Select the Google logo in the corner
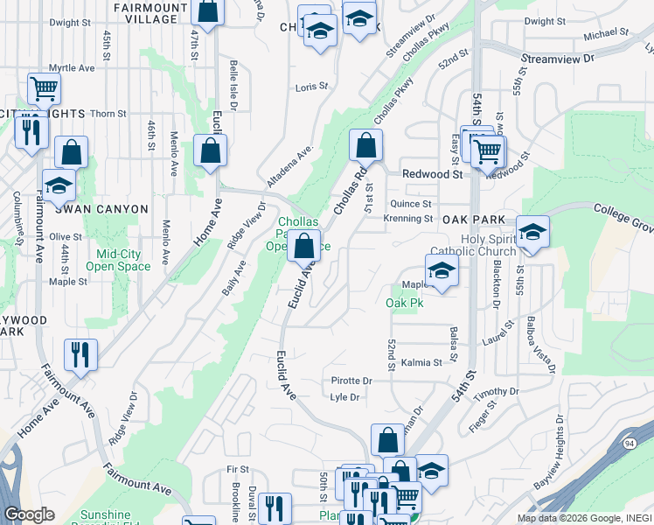29,514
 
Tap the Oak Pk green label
404,303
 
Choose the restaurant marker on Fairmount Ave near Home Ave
80,354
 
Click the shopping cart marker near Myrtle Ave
43,87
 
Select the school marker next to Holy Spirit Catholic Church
532,232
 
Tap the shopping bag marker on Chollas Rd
366,144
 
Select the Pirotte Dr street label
351,381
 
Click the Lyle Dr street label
346,397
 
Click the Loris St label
310,87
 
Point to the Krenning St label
408,218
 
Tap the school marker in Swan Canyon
59,186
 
